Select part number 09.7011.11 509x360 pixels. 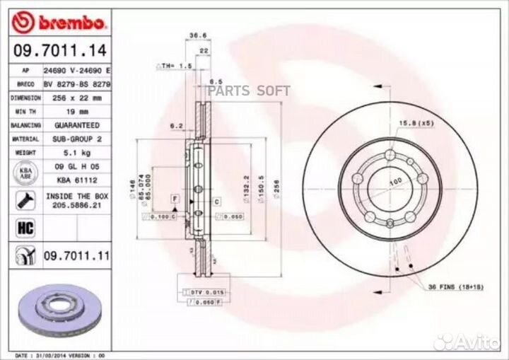pyautogui.click(x=77, y=255)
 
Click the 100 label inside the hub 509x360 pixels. pyautogui.click(x=394, y=182)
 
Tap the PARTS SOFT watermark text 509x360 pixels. pyautogui.click(x=250, y=90)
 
